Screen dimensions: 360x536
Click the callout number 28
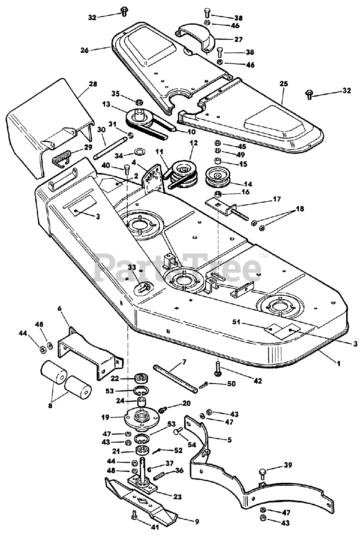(x=93, y=84)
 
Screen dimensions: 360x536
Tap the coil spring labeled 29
(x=61, y=158)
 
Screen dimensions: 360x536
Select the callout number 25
(x=283, y=84)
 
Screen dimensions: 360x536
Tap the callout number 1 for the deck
(x=338, y=363)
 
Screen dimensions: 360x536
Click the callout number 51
(x=236, y=322)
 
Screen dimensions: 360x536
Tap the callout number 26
(x=85, y=50)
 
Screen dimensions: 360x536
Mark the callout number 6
(x=59, y=308)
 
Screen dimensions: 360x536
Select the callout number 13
(x=106, y=104)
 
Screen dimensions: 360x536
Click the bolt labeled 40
(x=126, y=170)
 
